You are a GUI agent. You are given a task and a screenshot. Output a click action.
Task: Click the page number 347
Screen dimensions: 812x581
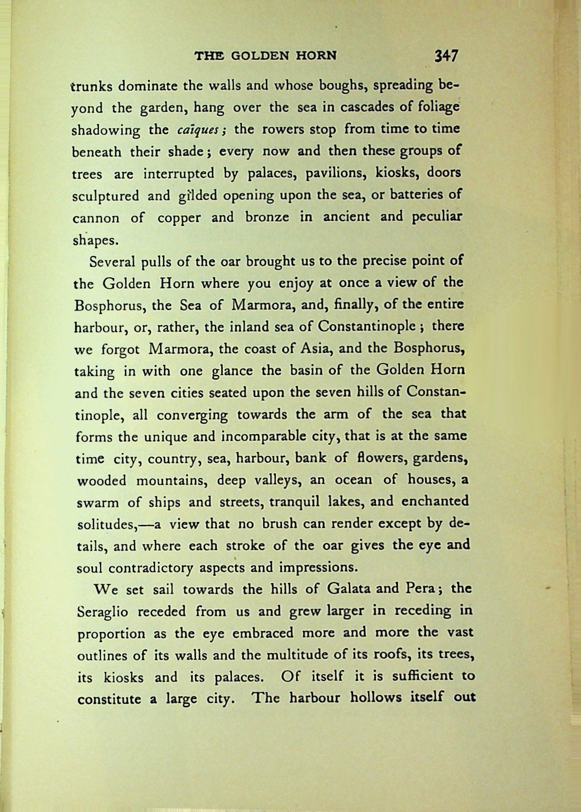[446, 56]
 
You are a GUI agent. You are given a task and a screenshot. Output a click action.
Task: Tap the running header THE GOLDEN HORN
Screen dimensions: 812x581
[265, 56]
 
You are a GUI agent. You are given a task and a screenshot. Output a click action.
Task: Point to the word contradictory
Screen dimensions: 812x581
[151, 568]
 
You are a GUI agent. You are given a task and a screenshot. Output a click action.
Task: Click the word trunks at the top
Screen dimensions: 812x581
[92, 86]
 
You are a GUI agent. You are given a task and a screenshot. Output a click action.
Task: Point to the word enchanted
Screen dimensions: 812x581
[435, 501]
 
